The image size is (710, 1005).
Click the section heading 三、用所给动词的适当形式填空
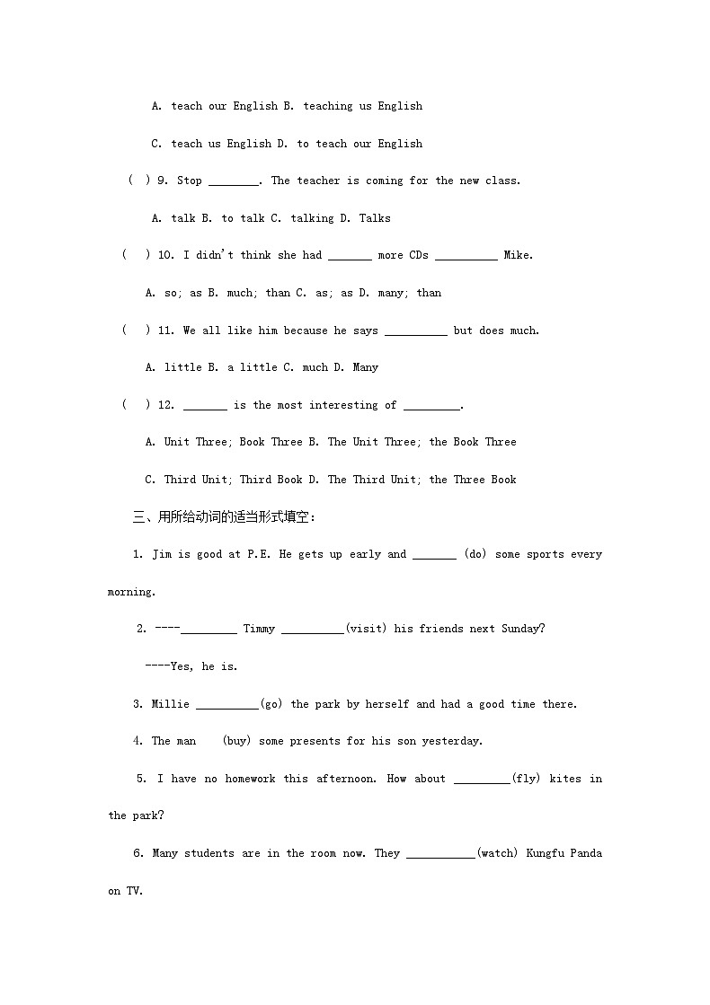[x=225, y=516]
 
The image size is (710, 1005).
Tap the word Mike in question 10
[x=518, y=255]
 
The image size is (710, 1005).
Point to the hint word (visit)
[x=366, y=629]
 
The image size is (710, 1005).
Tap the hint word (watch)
[x=497, y=853]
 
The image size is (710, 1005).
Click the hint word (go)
[x=271, y=704]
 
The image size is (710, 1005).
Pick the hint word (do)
[x=475, y=554]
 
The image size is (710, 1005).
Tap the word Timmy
[x=259, y=629]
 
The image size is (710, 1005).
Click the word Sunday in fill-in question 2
[x=522, y=629]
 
